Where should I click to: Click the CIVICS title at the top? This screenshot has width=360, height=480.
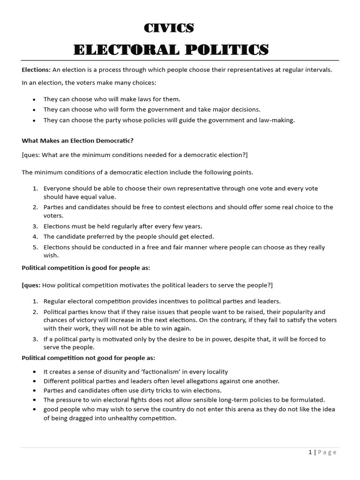(168, 28)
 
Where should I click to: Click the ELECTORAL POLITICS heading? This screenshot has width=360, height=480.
(171, 49)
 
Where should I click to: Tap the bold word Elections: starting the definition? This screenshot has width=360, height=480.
(36, 70)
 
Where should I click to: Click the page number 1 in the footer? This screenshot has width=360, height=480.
(310, 452)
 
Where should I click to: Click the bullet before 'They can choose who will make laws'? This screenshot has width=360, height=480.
(34, 99)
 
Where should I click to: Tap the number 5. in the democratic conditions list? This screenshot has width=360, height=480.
(36, 247)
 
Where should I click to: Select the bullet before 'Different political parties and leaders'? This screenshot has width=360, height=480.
(34, 381)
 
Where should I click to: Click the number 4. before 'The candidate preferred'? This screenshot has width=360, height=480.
(36, 237)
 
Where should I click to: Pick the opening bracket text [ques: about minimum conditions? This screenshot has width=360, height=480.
(30, 155)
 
